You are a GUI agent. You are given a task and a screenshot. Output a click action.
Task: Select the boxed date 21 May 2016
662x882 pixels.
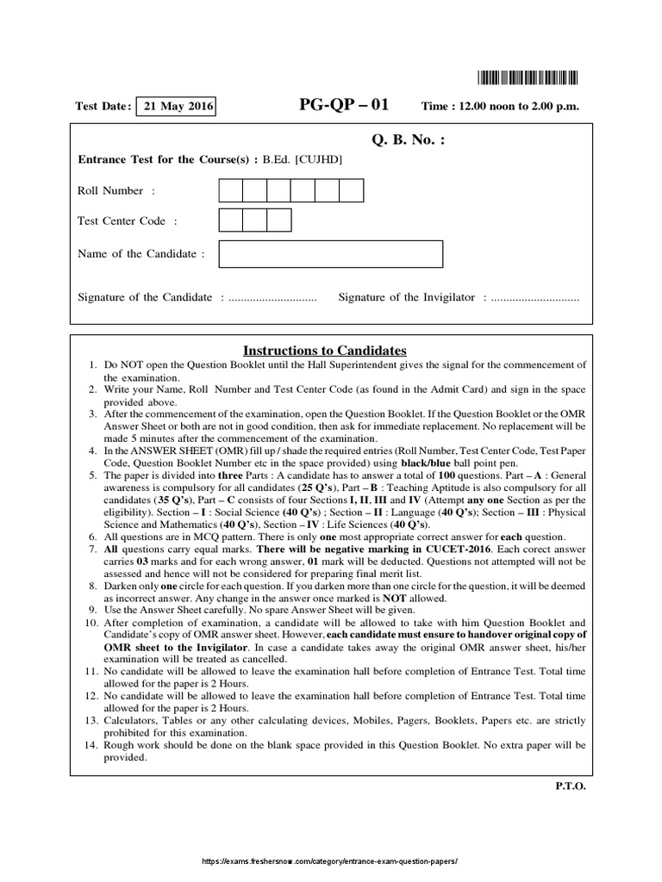click(176, 107)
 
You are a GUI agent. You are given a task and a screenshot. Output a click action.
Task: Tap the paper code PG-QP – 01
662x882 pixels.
click(343, 106)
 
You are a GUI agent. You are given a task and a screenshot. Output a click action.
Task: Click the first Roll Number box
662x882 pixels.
click(231, 190)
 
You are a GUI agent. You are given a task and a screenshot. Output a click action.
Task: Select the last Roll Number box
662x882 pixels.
click(352, 190)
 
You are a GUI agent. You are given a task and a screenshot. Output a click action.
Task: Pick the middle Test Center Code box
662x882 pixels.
click(255, 220)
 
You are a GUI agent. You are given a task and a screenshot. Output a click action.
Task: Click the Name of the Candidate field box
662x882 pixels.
click(331, 254)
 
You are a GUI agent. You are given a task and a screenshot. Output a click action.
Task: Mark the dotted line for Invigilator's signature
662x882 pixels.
click(535, 298)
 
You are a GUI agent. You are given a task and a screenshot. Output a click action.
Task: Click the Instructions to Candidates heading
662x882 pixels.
click(324, 351)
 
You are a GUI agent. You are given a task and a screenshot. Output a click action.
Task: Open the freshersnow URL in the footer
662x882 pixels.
click(329, 862)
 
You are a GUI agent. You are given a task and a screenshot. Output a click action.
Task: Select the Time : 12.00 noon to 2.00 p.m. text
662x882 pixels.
click(500, 107)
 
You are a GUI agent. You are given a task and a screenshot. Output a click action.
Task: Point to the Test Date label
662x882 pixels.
click(103, 107)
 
